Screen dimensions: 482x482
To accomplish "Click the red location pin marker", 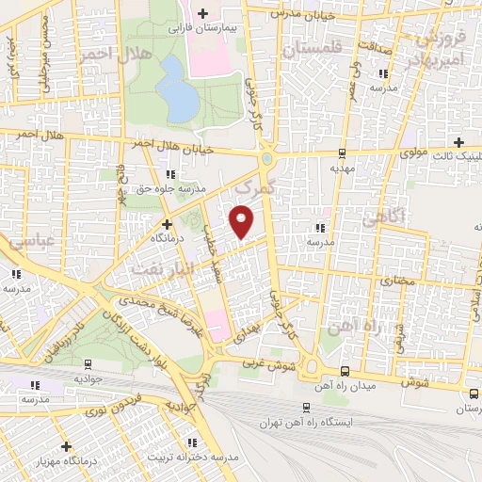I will tap(243, 220).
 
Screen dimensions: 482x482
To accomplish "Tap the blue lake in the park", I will tap(173, 86).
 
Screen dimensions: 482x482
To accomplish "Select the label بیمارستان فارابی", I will tap(199, 28).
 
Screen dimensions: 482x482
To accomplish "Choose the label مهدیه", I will tap(340, 167).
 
